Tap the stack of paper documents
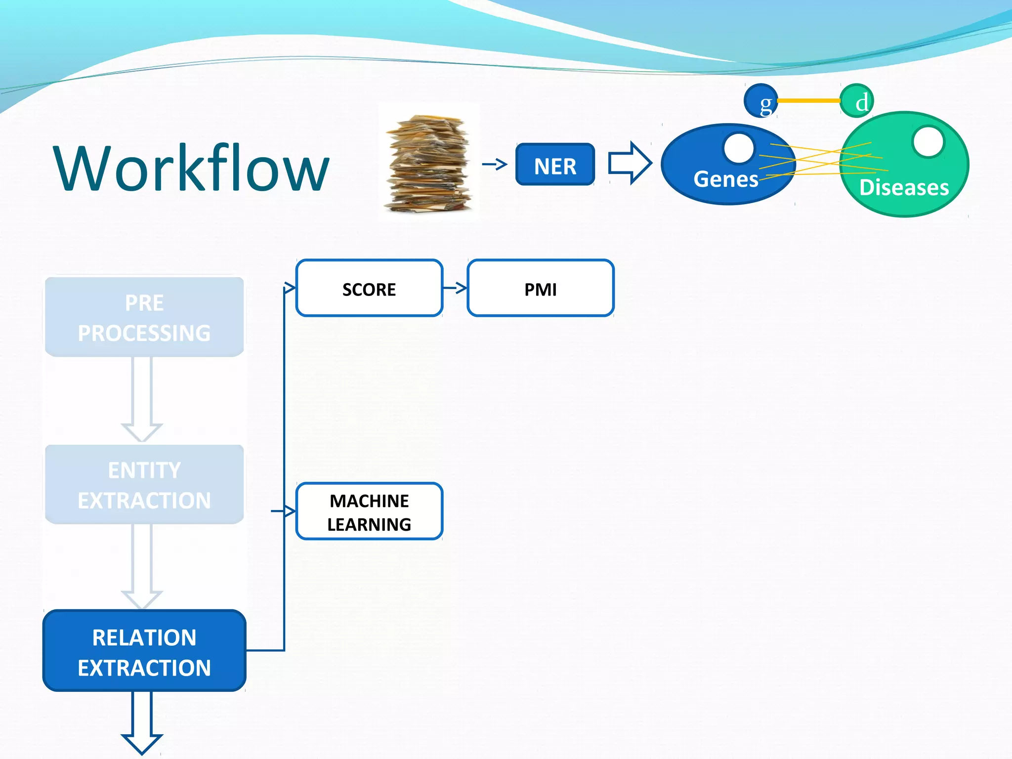(x=428, y=163)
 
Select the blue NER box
(x=555, y=165)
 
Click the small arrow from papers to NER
(x=495, y=164)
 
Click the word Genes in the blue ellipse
(x=725, y=179)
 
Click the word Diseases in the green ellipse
(x=904, y=188)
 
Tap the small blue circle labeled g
(x=761, y=101)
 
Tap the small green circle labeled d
(x=857, y=101)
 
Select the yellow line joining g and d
(x=809, y=101)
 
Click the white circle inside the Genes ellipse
(x=739, y=148)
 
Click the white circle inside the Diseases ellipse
(x=928, y=142)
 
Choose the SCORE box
(x=369, y=288)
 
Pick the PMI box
(x=540, y=288)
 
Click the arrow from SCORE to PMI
(x=455, y=288)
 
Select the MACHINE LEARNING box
(x=369, y=511)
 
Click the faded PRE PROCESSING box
(x=144, y=317)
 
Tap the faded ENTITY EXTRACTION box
(x=144, y=485)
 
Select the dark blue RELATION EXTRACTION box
(x=144, y=651)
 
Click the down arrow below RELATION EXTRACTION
(x=142, y=724)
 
